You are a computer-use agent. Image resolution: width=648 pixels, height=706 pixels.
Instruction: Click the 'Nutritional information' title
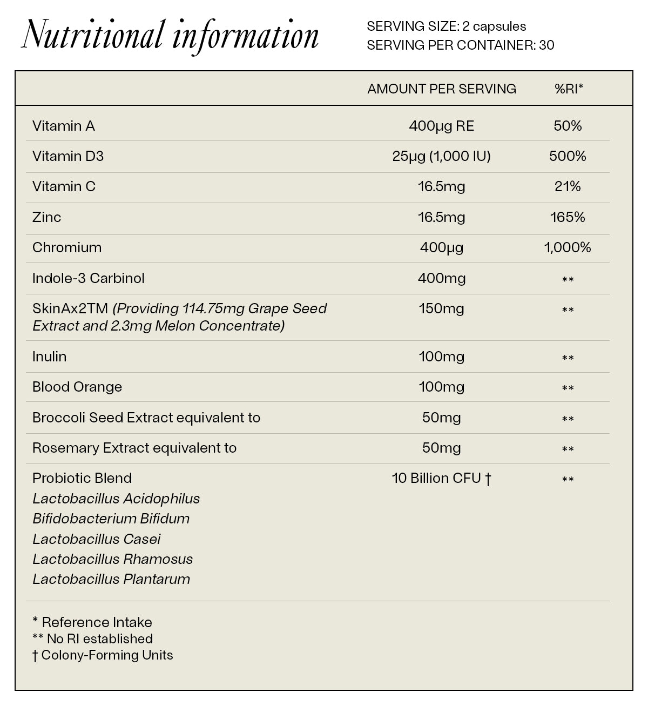[x=170, y=36]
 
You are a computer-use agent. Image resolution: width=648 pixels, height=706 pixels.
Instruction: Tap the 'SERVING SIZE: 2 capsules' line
[x=446, y=26]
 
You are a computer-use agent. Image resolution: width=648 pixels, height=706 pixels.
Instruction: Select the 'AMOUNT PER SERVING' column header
[x=441, y=89]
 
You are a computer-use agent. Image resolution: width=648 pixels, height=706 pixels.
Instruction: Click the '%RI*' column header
[x=569, y=89]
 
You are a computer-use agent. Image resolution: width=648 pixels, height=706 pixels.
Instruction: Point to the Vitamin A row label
[x=64, y=126]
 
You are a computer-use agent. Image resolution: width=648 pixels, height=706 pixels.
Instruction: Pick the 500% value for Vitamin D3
[x=568, y=156]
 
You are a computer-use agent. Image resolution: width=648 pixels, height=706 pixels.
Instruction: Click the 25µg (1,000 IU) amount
[x=441, y=156]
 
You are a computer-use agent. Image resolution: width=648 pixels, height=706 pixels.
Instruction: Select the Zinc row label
[x=46, y=217]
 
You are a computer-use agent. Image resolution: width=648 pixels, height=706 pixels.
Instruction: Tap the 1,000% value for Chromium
[x=568, y=247]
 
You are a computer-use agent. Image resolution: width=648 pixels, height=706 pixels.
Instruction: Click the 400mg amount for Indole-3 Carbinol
[x=441, y=278]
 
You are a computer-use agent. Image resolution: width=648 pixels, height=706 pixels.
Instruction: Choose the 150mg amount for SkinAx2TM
[x=441, y=308]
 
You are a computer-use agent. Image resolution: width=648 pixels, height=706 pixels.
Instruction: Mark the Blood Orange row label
[x=77, y=387]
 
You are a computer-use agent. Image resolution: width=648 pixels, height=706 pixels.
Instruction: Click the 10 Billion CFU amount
[x=441, y=478]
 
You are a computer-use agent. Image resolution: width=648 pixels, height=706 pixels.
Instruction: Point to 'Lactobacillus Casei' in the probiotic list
[x=97, y=539]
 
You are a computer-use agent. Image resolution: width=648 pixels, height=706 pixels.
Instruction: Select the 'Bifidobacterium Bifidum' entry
[x=111, y=519]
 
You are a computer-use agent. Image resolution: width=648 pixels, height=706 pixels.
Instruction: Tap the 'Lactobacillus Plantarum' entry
[x=111, y=579]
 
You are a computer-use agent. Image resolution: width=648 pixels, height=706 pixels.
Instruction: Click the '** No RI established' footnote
[x=92, y=638]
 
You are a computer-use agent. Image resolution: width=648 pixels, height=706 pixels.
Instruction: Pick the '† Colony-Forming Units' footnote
[x=103, y=655]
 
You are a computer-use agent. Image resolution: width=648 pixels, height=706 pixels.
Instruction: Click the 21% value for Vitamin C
[x=568, y=186]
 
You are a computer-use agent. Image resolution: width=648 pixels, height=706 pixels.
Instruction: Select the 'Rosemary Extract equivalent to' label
[x=134, y=448]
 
